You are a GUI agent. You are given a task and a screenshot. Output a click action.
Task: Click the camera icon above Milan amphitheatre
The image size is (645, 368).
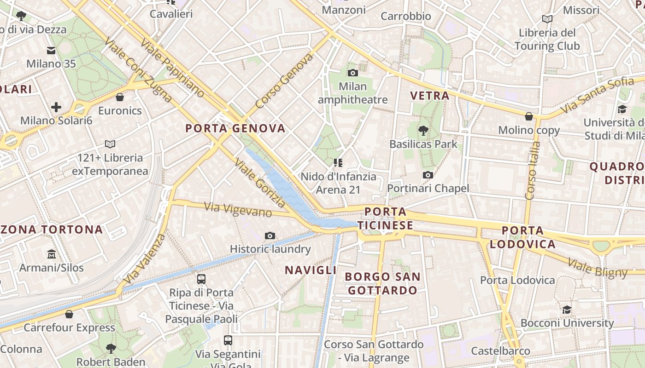[x=353, y=73]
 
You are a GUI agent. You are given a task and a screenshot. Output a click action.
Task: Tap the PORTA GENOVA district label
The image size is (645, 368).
[x=235, y=128]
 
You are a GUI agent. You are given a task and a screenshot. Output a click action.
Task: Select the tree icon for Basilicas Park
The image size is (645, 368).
[x=423, y=131]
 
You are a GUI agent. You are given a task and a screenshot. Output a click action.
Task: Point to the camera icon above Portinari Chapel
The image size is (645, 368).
[x=428, y=175]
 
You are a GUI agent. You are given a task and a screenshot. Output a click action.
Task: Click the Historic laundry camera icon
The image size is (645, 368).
[x=270, y=236]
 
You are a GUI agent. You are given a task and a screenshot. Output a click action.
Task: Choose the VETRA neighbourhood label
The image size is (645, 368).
[x=429, y=96]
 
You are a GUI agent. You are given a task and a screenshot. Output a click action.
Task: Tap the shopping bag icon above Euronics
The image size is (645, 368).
[x=120, y=97]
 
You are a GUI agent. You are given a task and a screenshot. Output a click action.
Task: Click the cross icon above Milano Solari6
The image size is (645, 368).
[x=56, y=107]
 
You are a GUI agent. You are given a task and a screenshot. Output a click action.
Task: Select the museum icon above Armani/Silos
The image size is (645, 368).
[x=51, y=254]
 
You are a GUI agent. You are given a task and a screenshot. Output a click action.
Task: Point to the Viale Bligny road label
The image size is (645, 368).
[x=597, y=268]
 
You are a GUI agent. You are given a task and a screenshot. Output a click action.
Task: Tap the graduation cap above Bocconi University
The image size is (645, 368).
[x=567, y=310]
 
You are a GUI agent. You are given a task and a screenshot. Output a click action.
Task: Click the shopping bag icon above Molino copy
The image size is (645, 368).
[x=529, y=116]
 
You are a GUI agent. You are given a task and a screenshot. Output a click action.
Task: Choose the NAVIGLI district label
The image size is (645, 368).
[x=311, y=270]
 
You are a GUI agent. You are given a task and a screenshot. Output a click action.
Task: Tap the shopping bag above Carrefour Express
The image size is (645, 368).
[x=69, y=314]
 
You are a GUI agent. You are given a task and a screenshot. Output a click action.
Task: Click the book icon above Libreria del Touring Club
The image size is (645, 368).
[x=547, y=19]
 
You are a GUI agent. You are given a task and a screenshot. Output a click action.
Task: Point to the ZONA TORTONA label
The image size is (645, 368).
[x=51, y=229]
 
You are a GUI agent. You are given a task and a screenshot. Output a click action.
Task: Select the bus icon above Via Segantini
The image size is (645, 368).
[x=228, y=340]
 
